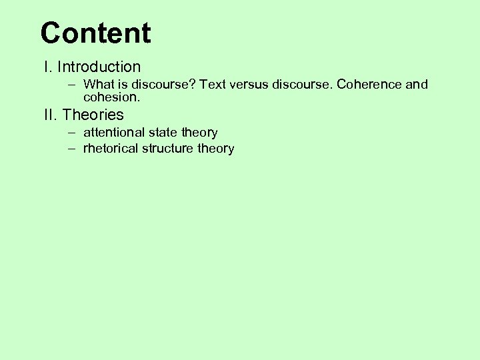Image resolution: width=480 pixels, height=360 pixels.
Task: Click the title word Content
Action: coord(95,33)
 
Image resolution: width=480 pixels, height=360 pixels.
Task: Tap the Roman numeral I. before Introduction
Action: coord(47,67)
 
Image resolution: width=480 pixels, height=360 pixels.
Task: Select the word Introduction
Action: coord(99,67)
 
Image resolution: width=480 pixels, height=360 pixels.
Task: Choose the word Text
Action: coord(213,85)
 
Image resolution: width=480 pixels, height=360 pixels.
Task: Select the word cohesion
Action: coord(111,97)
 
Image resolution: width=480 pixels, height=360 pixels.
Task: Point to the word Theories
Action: coord(93,115)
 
